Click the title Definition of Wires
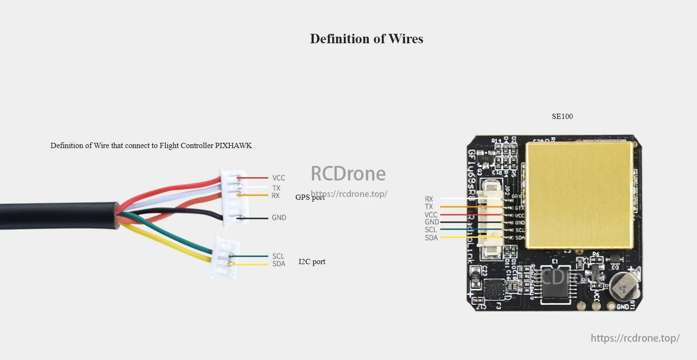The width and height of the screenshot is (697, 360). tap(366, 39)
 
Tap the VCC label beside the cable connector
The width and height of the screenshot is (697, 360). tap(278, 178)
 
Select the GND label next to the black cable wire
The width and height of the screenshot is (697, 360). tap(278, 218)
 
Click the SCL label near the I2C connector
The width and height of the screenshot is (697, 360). tap(278, 256)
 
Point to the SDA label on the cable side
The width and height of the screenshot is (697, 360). tap(278, 264)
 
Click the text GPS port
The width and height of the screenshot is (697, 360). tap(310, 197)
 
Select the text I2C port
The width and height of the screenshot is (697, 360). tap(312, 261)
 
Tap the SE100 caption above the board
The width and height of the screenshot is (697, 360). tap(562, 116)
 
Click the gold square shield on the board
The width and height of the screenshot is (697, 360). tap(579, 195)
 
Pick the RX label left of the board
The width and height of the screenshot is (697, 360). tap(428, 199)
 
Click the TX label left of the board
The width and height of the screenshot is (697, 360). tap(428, 207)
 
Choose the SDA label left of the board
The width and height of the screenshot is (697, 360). tap(431, 238)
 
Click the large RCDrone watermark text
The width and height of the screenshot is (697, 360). tap(348, 174)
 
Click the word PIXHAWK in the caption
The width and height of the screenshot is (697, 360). tap(233, 146)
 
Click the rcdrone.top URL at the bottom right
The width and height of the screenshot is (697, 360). tap(635, 338)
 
